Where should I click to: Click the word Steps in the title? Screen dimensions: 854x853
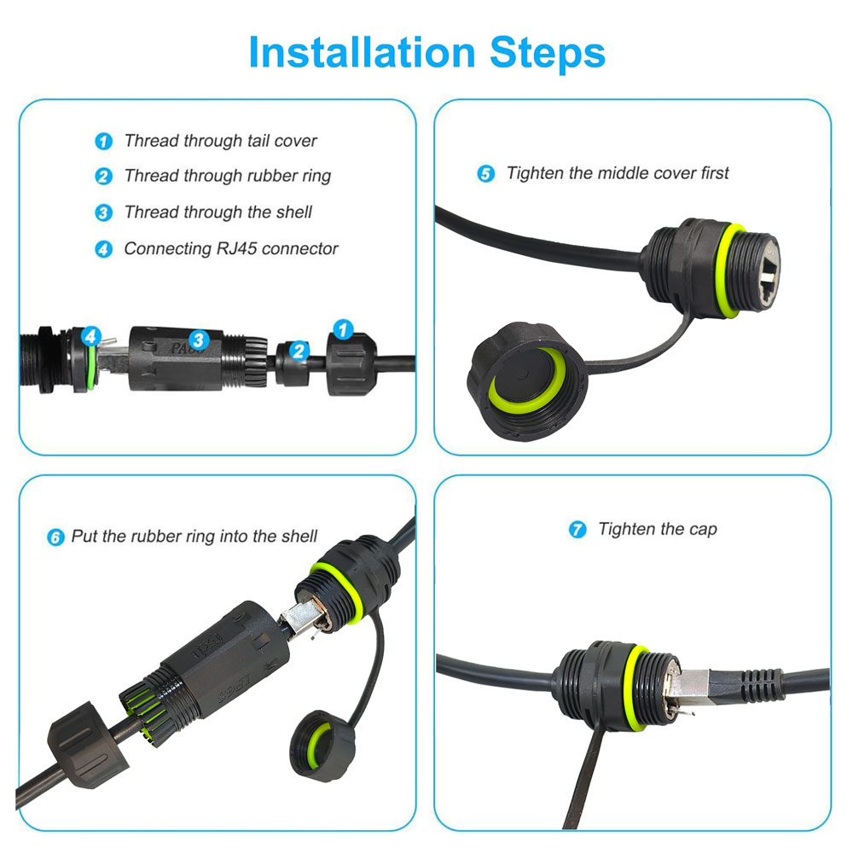pyautogui.click(x=547, y=53)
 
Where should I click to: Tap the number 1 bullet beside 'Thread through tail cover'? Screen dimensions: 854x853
pyautogui.click(x=103, y=142)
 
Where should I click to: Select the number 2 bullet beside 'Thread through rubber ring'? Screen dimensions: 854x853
pyautogui.click(x=103, y=177)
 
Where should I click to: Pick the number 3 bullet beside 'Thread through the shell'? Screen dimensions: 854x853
pyautogui.click(x=103, y=212)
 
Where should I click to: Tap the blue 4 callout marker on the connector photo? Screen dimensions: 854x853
pyautogui.click(x=91, y=337)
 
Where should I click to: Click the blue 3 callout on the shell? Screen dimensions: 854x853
pyautogui.click(x=198, y=341)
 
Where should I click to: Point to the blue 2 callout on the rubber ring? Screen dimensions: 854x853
pyautogui.click(x=298, y=350)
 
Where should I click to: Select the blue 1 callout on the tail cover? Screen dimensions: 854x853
pyautogui.click(x=343, y=329)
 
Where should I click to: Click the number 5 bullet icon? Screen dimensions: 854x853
pyautogui.click(x=485, y=174)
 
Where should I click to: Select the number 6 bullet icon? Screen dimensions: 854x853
pyautogui.click(x=55, y=537)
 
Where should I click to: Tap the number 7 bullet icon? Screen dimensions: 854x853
pyautogui.click(x=577, y=530)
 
